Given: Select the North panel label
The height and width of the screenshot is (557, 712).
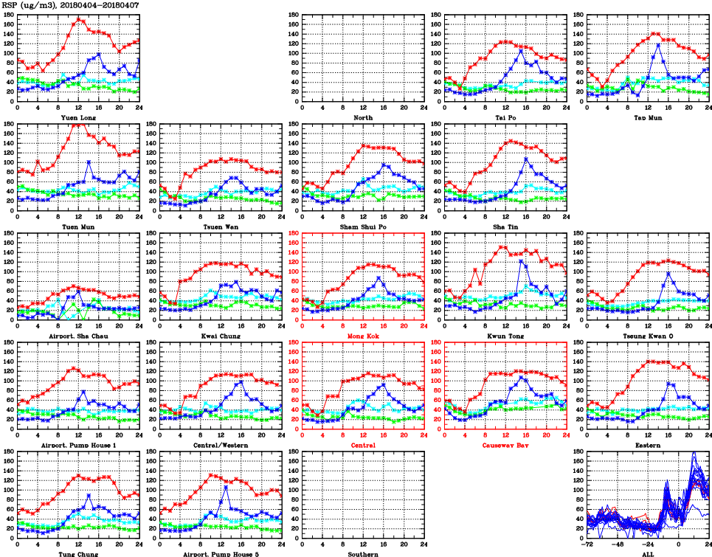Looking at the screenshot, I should (x=363, y=117).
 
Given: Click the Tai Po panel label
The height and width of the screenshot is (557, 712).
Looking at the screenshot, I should (x=505, y=117).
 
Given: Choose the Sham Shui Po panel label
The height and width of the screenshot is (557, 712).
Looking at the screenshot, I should (x=363, y=226).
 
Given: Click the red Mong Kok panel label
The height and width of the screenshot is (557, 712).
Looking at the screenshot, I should (x=363, y=336).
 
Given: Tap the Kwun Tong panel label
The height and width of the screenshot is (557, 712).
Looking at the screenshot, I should (x=505, y=336).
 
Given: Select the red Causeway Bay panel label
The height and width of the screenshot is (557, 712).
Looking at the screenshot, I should (x=505, y=445).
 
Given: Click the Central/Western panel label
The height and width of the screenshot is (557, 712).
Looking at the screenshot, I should (x=221, y=445).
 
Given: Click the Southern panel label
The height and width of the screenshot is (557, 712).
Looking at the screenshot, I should (x=363, y=553).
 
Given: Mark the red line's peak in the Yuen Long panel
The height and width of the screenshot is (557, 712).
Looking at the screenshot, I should (x=79, y=19).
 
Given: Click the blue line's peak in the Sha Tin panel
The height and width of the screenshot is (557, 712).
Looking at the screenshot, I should (x=526, y=159).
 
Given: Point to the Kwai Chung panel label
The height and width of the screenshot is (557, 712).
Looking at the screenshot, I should (x=221, y=336).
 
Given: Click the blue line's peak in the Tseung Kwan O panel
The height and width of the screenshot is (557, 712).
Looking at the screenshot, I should (x=668, y=273).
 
